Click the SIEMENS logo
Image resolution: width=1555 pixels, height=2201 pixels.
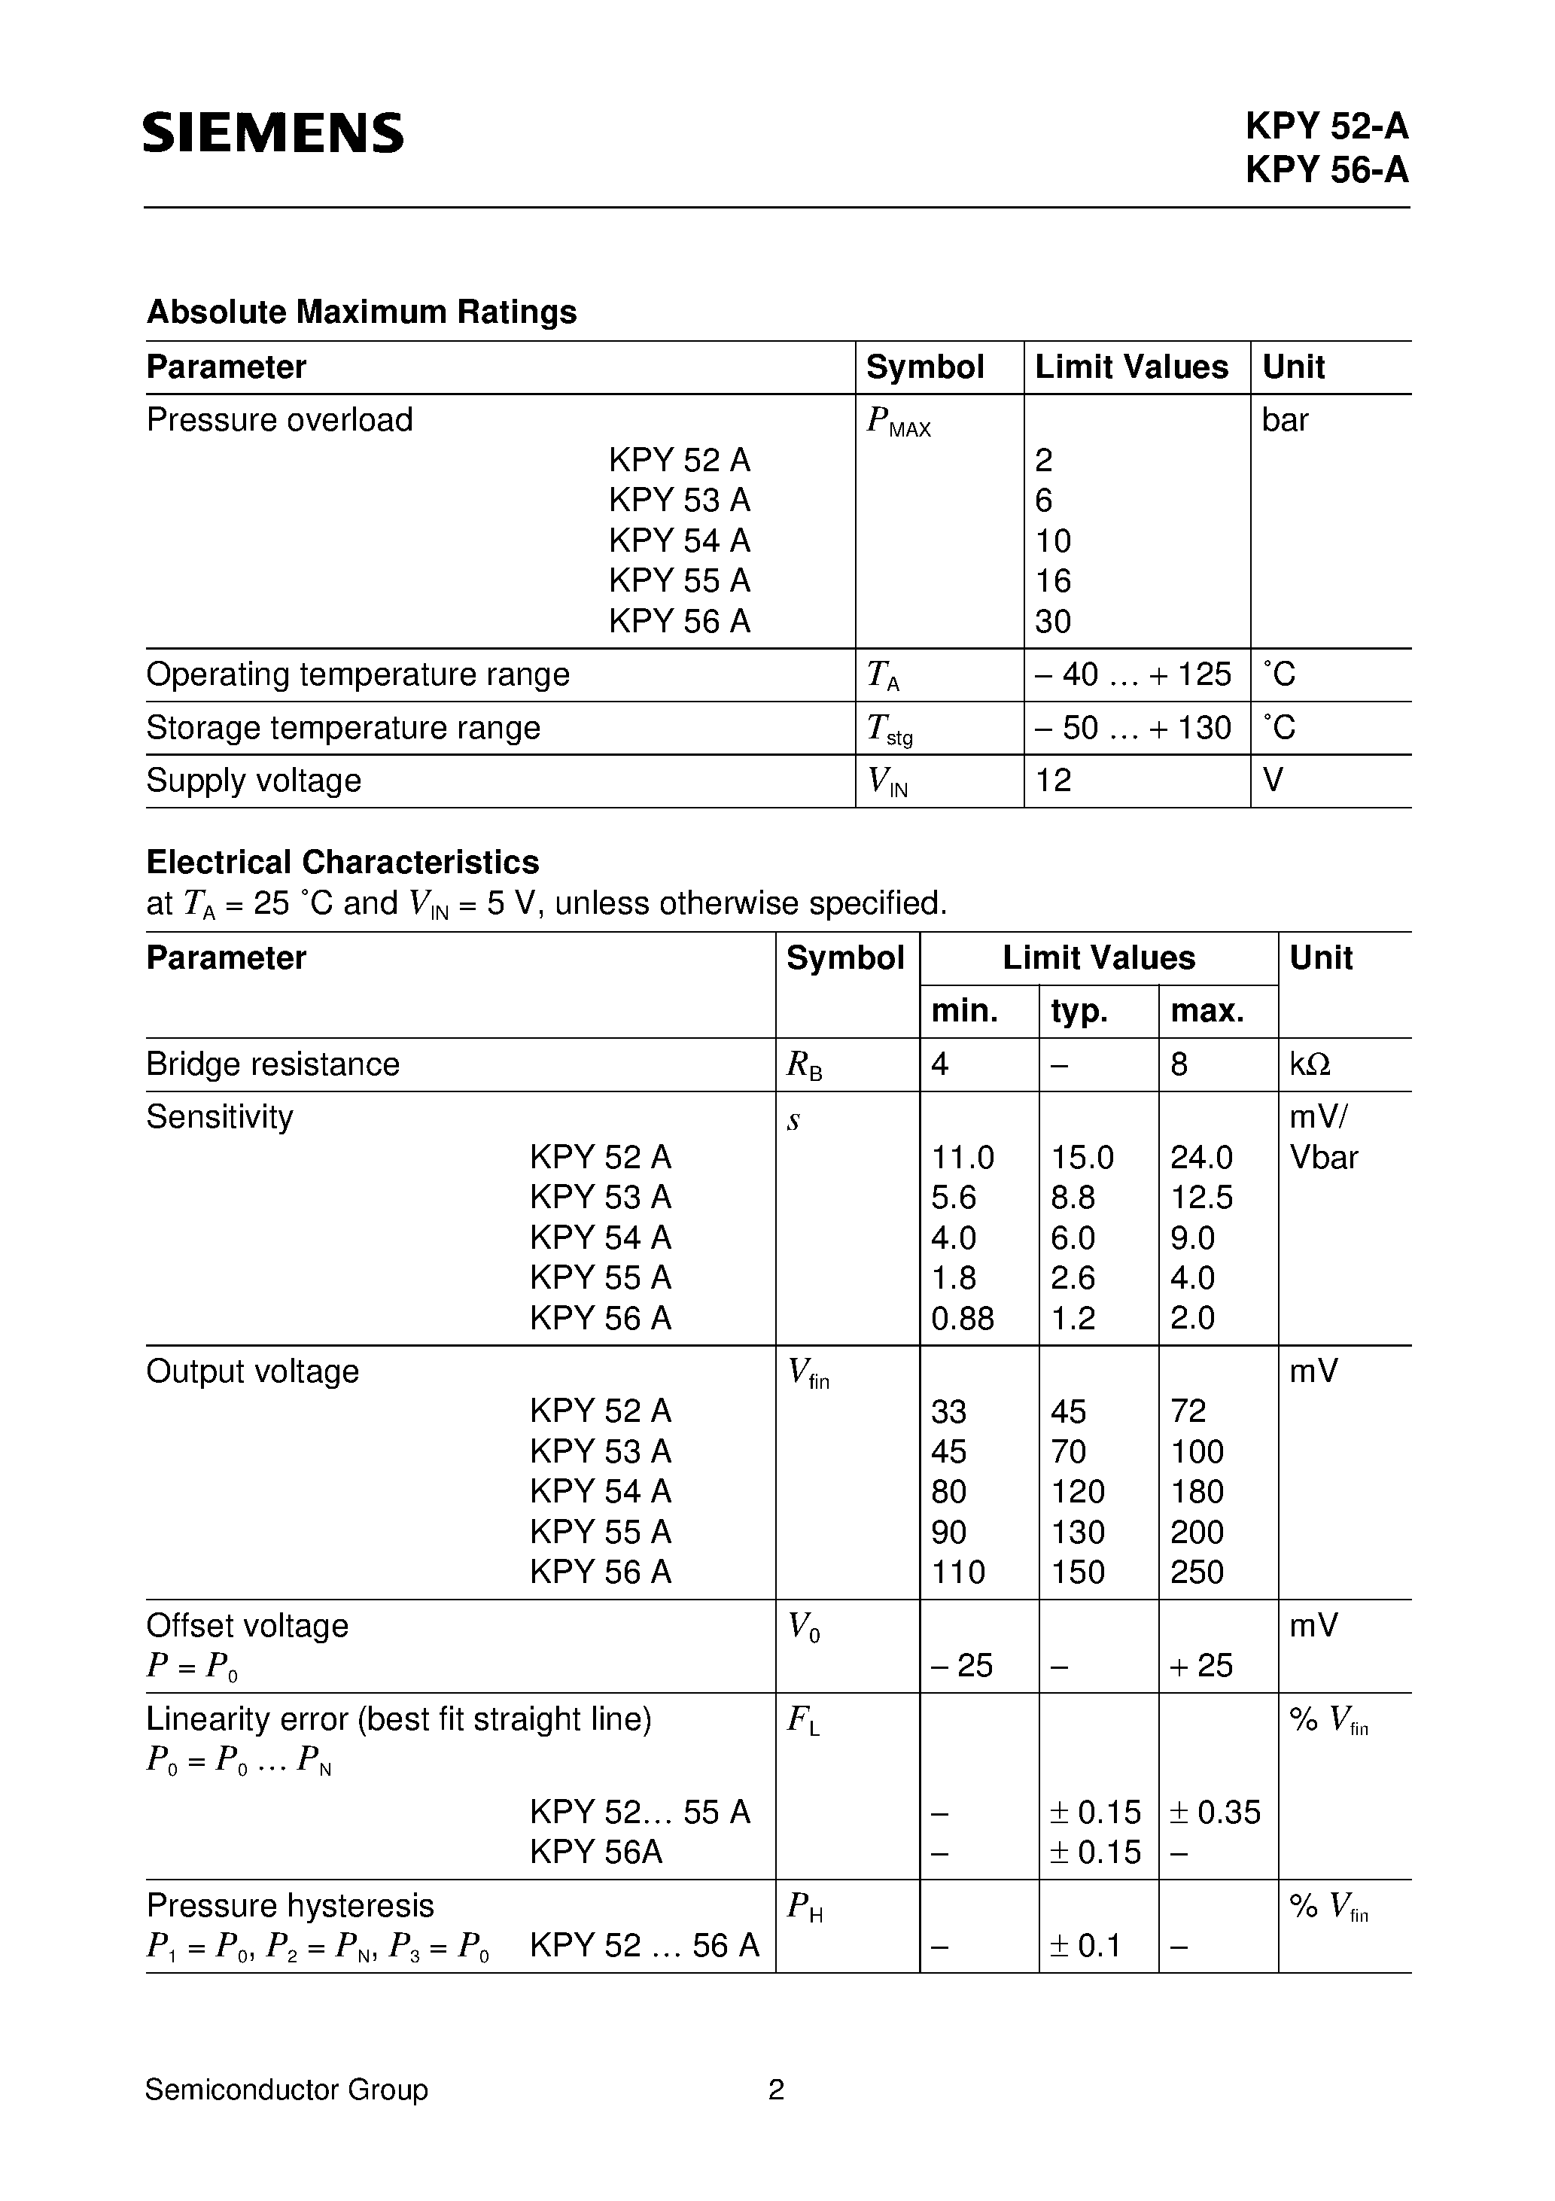pyautogui.click(x=273, y=132)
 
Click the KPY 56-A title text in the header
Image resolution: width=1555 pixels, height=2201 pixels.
pyautogui.click(x=1326, y=169)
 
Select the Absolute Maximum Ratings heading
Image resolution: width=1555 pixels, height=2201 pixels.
pyautogui.click(x=361, y=312)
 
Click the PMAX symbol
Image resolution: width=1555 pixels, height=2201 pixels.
pyautogui.click(x=897, y=422)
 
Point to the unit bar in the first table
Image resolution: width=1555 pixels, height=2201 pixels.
pyautogui.click(x=1285, y=420)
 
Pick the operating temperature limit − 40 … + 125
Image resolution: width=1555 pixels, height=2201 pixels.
pyautogui.click(x=1132, y=675)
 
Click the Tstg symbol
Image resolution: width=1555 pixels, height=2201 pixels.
pyautogui.click(x=889, y=729)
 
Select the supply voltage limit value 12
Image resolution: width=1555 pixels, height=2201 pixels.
pyautogui.click(x=1053, y=781)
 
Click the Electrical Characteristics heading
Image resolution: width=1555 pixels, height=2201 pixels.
pyautogui.click(x=342, y=862)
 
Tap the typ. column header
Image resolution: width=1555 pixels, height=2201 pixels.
pyautogui.click(x=1079, y=1010)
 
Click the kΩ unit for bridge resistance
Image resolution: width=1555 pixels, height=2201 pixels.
pyautogui.click(x=1310, y=1064)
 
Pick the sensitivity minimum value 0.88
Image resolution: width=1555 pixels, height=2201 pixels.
pyautogui.click(x=963, y=1318)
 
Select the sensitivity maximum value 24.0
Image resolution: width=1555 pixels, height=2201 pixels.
pyautogui.click(x=1201, y=1157)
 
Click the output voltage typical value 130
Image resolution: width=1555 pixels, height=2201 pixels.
pyautogui.click(x=1078, y=1532)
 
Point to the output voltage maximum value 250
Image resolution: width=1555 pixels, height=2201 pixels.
pyautogui.click(x=1197, y=1572)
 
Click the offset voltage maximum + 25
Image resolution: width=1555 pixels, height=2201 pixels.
pyautogui.click(x=1201, y=1665)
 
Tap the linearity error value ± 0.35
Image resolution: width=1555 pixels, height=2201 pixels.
pyautogui.click(x=1215, y=1812)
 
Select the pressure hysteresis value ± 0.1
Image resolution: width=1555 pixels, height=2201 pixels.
pyautogui.click(x=1086, y=1945)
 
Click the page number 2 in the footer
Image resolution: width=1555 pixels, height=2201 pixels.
pyautogui.click(x=777, y=2090)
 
